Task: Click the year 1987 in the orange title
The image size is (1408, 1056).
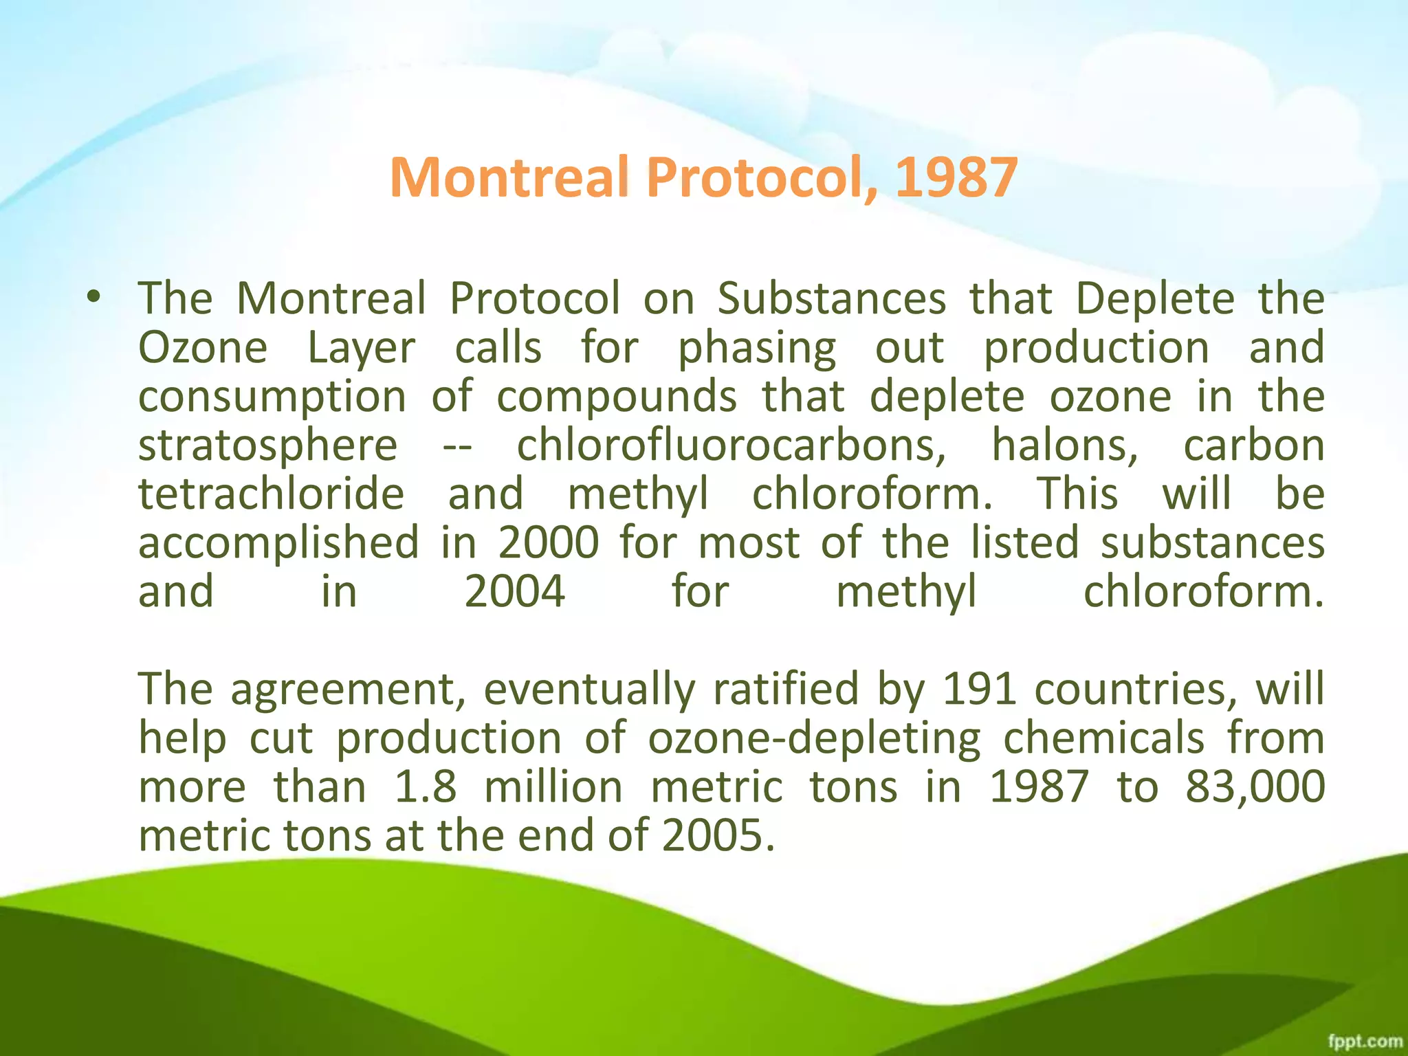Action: pyautogui.click(x=956, y=177)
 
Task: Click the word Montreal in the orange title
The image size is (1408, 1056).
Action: pyautogui.click(x=509, y=177)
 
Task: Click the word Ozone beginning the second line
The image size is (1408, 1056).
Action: pyautogui.click(x=203, y=348)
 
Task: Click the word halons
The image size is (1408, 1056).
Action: pyautogui.click(x=1065, y=445)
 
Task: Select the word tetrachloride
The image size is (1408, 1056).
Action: pyautogui.click(x=272, y=494)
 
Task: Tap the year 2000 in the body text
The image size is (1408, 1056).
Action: pyautogui.click(x=549, y=543)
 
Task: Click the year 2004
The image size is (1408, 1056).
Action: pyautogui.click(x=515, y=592)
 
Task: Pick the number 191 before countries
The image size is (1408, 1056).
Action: pyautogui.click(x=980, y=689)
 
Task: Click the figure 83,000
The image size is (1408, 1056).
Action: pyautogui.click(x=1255, y=786)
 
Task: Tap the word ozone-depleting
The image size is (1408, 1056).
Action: pyautogui.click(x=815, y=738)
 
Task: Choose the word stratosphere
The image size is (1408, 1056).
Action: pyautogui.click(x=268, y=445)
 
